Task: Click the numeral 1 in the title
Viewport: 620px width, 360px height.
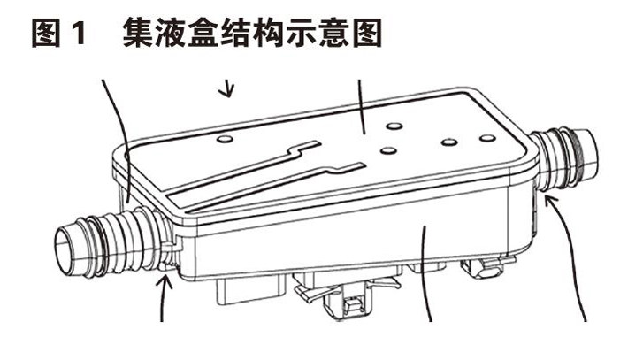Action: coord(80,34)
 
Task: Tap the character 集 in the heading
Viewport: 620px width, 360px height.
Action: coord(138,34)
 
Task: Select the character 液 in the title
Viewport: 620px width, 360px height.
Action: coord(172,34)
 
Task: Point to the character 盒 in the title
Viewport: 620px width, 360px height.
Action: coord(203,34)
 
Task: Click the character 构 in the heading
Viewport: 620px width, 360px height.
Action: coord(269,34)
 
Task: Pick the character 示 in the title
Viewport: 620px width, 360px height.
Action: coord(301,34)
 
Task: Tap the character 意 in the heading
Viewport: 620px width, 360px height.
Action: coord(333,34)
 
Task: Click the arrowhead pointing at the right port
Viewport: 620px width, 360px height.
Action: coord(551,200)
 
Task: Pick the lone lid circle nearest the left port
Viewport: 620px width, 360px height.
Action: coord(225,139)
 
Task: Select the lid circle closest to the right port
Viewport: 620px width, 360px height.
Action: coord(487,138)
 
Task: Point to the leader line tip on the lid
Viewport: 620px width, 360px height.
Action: coord(363,134)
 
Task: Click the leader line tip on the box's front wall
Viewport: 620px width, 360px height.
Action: coord(424,226)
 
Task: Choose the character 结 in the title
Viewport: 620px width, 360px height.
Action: coord(236,34)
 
